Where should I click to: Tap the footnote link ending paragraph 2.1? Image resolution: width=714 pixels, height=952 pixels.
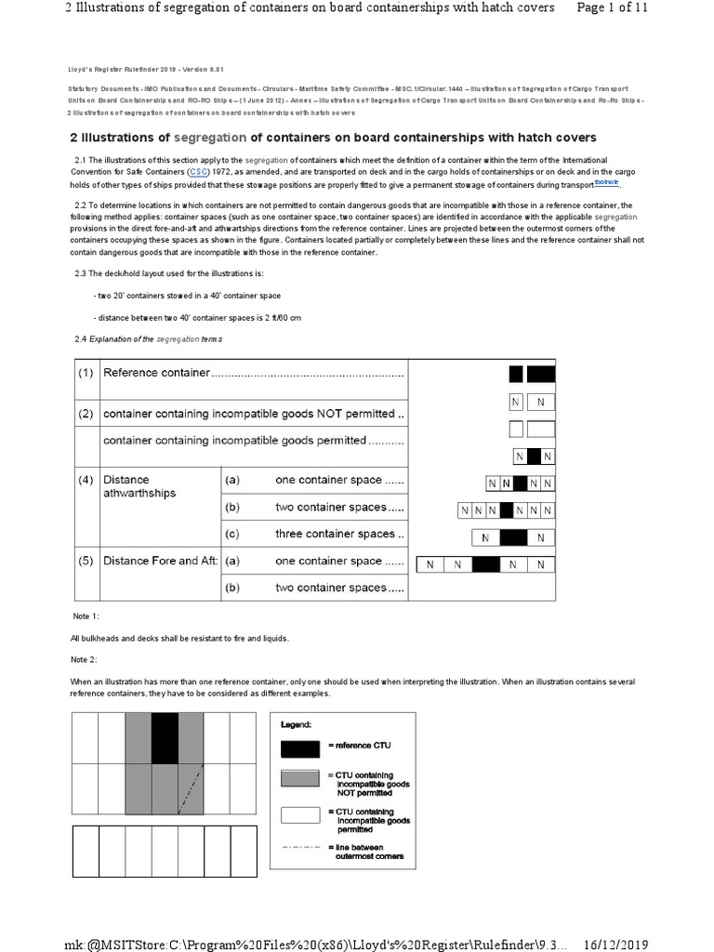(605, 183)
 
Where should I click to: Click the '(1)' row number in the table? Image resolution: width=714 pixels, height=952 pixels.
(85, 373)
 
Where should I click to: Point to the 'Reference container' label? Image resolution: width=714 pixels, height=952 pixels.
(156, 373)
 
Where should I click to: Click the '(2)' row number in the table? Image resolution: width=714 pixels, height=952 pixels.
(85, 413)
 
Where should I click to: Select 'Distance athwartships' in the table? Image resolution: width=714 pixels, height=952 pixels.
(139, 486)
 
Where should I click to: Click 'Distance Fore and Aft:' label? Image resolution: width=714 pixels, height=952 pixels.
(160, 561)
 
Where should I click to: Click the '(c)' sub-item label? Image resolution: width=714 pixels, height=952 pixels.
(231, 534)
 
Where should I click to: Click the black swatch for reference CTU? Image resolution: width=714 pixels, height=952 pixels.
(301, 746)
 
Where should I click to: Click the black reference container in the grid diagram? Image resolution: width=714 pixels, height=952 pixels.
(165, 738)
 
